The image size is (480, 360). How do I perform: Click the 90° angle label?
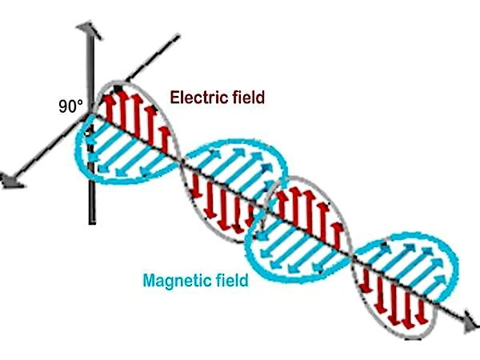tap(70, 106)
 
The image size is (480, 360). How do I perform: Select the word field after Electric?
tap(246, 98)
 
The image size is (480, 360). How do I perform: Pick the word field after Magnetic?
tap(230, 280)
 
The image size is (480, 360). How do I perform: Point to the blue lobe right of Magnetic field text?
tap(300, 244)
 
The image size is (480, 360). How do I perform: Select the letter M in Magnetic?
tap(149, 280)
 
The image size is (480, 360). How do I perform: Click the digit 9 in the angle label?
tap(63, 106)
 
